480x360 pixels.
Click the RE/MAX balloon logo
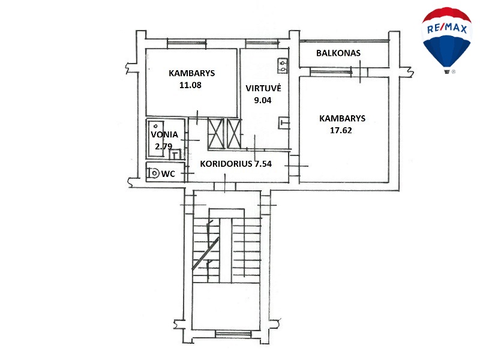[446, 40]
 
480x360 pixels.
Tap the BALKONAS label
[338, 53]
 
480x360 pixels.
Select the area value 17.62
[341, 130]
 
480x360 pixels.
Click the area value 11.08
[190, 85]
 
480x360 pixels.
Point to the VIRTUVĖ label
[263, 88]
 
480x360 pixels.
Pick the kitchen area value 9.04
[263, 100]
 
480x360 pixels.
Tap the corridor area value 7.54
[263, 164]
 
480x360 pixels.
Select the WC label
[168, 174]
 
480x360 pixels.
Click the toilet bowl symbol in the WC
[154, 173]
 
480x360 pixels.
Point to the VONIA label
[164, 134]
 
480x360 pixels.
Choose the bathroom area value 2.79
[163, 146]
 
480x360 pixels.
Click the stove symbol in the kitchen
[282, 66]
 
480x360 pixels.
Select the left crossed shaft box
[216, 134]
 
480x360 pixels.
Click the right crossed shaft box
[234, 134]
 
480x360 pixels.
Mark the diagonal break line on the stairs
[205, 254]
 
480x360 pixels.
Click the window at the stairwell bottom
[233, 334]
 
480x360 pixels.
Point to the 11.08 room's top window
[187, 43]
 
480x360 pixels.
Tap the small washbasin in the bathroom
[175, 154]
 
